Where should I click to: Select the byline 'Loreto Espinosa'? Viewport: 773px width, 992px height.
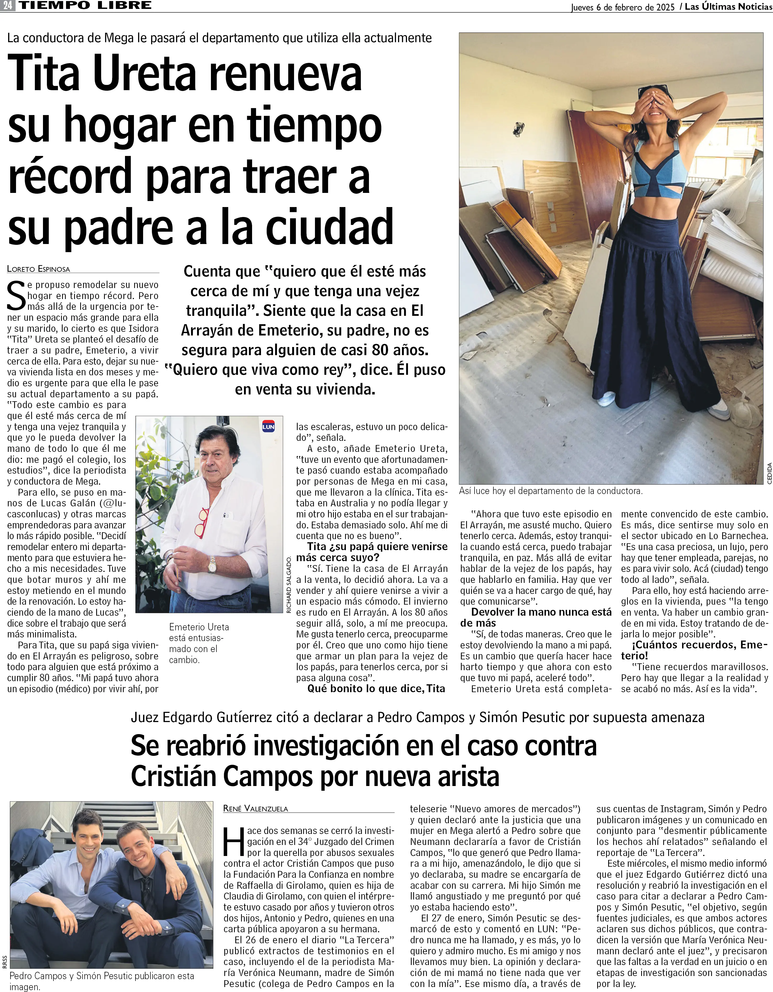pos(39,269)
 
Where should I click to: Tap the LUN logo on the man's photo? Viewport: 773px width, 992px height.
pos(268,426)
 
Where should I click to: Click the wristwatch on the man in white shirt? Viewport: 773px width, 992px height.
pos(212,566)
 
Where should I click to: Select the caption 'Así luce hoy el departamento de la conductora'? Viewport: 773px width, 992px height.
pos(551,491)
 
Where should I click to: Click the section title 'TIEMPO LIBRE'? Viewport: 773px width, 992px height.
pos(85,6)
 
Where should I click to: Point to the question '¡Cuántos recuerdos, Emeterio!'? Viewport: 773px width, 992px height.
pos(694,651)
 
